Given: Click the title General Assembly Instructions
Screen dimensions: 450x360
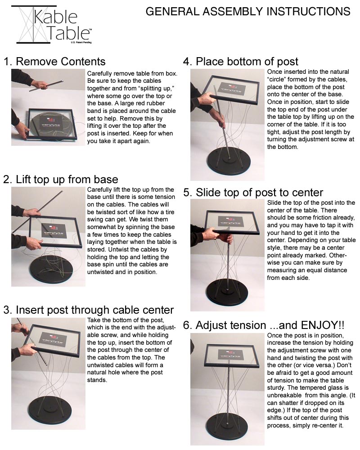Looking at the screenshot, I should pos(247,11).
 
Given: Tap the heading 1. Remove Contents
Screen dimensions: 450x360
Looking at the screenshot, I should pos(54,62).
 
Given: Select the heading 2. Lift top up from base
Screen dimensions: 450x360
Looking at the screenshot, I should pos(61,180).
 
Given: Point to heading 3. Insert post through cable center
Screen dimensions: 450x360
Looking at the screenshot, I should pos(88,310).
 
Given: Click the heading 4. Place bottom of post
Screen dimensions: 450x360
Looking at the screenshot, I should pos(241,62).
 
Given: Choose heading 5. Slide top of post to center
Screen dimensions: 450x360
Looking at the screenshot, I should pos(253,193).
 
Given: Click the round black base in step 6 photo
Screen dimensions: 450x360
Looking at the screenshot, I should pos(229,425).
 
